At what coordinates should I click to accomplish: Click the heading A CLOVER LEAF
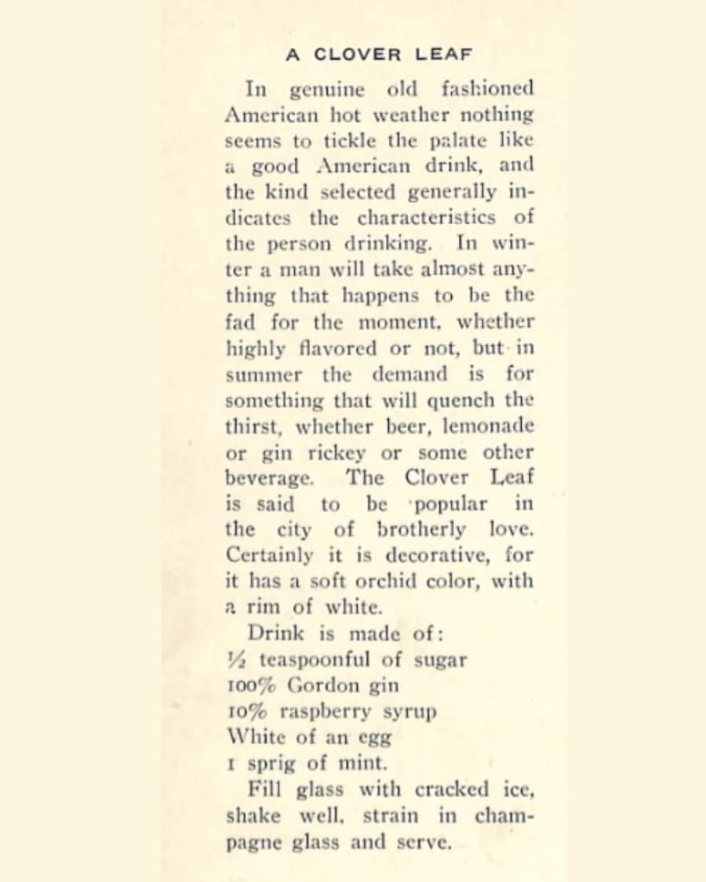coord(379,55)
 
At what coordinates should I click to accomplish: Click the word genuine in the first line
coord(327,89)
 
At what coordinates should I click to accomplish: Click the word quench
coord(461,401)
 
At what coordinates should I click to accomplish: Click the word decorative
coord(430,555)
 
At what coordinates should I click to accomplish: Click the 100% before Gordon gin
coord(251,685)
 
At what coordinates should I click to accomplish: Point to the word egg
coord(374,738)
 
